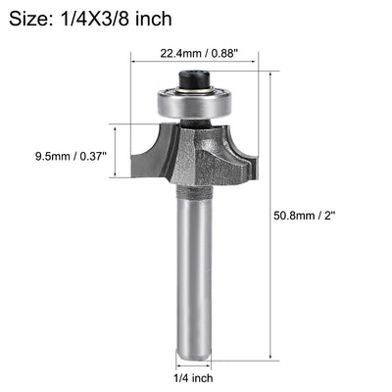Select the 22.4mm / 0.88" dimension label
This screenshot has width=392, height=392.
click(x=196, y=56)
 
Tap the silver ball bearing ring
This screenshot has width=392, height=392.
click(x=195, y=101)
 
